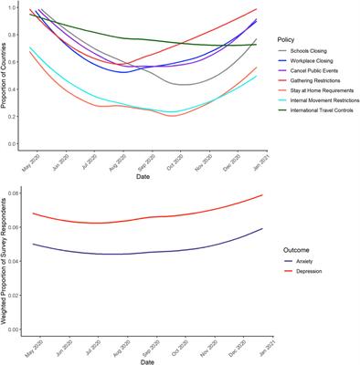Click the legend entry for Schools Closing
click(310, 52)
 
